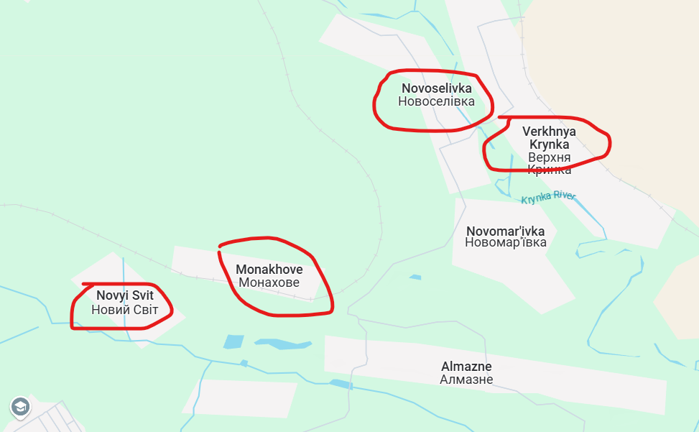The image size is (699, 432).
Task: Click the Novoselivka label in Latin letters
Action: pyautogui.click(x=437, y=88)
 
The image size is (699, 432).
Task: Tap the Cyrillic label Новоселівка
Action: pyautogui.click(x=437, y=101)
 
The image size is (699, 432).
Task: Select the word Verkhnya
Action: pyautogui.click(x=549, y=132)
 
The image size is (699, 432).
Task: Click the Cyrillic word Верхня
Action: pyautogui.click(x=550, y=157)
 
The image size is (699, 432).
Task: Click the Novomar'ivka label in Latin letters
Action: pyautogui.click(x=506, y=231)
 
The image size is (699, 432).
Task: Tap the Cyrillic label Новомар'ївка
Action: pyautogui.click(x=506, y=242)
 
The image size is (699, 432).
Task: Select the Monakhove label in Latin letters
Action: pyautogui.click(x=269, y=270)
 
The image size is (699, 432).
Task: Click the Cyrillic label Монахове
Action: pyautogui.click(x=269, y=282)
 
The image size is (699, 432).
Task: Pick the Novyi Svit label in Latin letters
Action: pyautogui.click(x=124, y=295)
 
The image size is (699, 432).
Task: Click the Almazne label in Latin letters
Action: pyautogui.click(x=466, y=366)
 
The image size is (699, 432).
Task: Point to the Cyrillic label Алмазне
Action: pyautogui.click(x=466, y=379)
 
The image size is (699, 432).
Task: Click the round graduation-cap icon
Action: pyautogui.click(x=20, y=407)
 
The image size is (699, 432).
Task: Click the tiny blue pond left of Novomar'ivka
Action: pyautogui.click(x=415, y=277)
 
